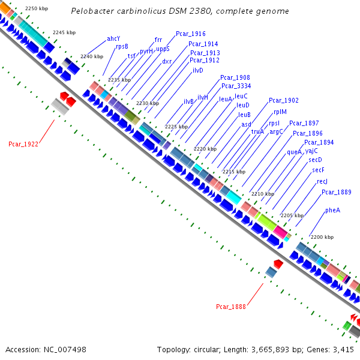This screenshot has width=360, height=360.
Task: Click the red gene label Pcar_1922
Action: (23, 144)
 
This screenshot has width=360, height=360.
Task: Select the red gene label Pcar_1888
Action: (231, 307)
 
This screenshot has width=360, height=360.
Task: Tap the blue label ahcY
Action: (113, 38)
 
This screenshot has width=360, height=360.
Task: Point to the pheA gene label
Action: (332, 210)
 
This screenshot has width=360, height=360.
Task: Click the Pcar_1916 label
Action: (190, 34)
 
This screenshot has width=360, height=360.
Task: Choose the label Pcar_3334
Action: (236, 86)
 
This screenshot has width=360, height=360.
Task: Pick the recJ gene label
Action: (322, 181)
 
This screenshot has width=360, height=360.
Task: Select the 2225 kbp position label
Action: (176, 127)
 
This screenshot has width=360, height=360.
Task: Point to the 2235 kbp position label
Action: (119, 79)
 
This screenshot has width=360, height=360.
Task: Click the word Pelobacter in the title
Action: (91, 11)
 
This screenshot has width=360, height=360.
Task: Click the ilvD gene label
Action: (198, 70)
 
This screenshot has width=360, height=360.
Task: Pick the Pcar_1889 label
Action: (336, 192)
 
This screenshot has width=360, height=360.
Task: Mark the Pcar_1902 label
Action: (283, 100)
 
